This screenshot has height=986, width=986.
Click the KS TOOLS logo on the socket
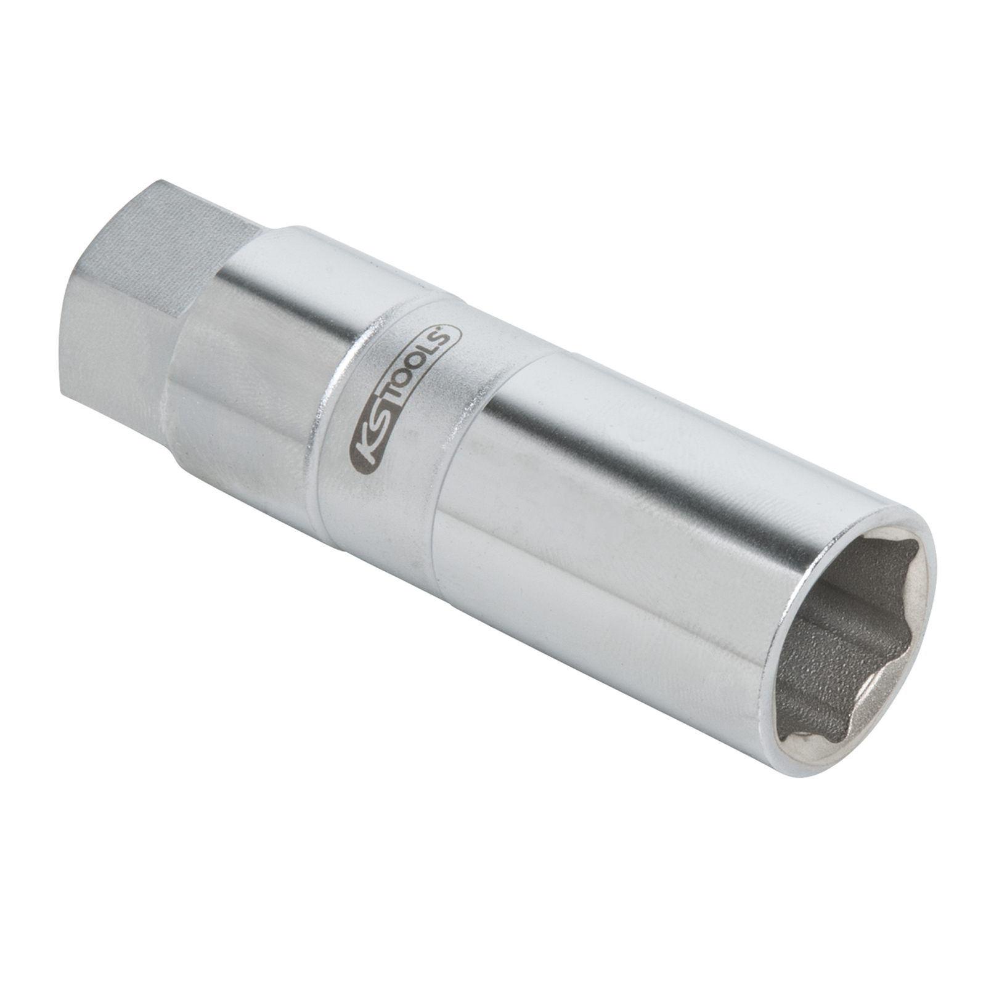(404, 398)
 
